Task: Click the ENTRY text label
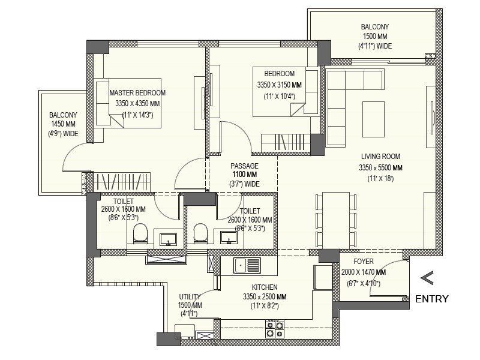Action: (431, 299)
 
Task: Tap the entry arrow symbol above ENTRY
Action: (427, 277)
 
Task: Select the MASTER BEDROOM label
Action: (137, 93)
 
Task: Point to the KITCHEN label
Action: (265, 287)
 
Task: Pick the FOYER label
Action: (364, 262)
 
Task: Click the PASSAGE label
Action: (245, 166)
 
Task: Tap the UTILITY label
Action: (190, 297)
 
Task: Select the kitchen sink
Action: (247, 265)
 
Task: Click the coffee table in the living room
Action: (374, 118)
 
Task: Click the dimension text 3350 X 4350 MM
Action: (137, 104)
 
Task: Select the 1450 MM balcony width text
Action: (63, 125)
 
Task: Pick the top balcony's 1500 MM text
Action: (375, 37)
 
